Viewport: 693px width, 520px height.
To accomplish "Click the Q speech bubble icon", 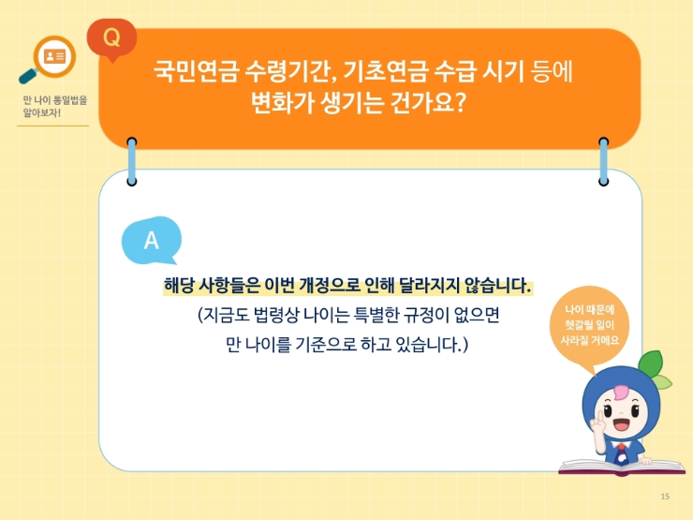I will coord(111,38).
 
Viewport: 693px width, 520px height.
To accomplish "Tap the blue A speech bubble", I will coord(151,241).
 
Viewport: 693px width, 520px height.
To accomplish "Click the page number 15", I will coord(665,496).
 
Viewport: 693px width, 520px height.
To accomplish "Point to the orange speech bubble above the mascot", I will coord(590,323).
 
